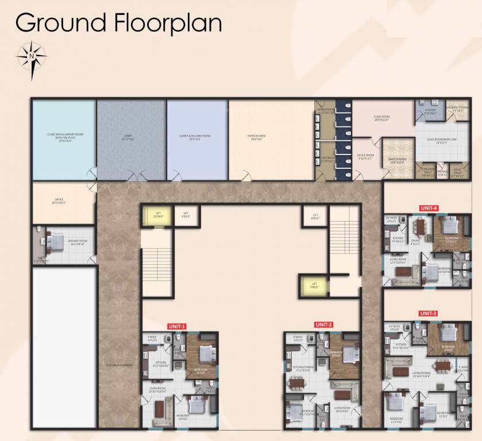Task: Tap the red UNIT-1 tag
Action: point(176,326)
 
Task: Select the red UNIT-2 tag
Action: point(323,324)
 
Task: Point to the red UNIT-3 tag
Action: point(428,313)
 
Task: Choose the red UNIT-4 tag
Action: point(429,207)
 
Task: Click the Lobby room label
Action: point(128,138)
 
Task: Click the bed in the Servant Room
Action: point(56,241)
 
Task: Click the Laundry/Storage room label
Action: point(460,109)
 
